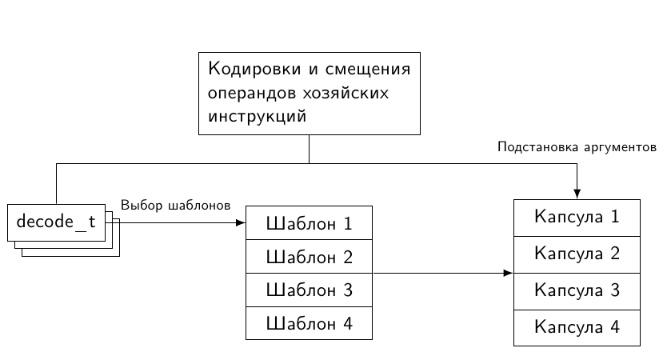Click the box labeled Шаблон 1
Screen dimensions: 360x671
309,223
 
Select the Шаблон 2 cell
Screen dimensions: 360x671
309,257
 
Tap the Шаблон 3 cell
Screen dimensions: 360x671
309,290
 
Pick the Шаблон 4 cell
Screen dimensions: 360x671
309,324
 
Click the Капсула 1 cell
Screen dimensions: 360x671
577,217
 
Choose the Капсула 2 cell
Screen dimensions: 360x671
577,254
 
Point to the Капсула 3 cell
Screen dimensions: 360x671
577,290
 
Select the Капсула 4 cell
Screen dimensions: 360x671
577,327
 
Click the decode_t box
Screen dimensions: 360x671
56,222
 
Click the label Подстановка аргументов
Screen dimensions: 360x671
576,147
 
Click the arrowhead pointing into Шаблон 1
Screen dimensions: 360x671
240,222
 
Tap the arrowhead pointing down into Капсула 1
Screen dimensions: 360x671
577,194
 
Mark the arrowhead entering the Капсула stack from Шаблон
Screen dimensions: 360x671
508,274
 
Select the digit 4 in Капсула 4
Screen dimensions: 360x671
614,327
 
